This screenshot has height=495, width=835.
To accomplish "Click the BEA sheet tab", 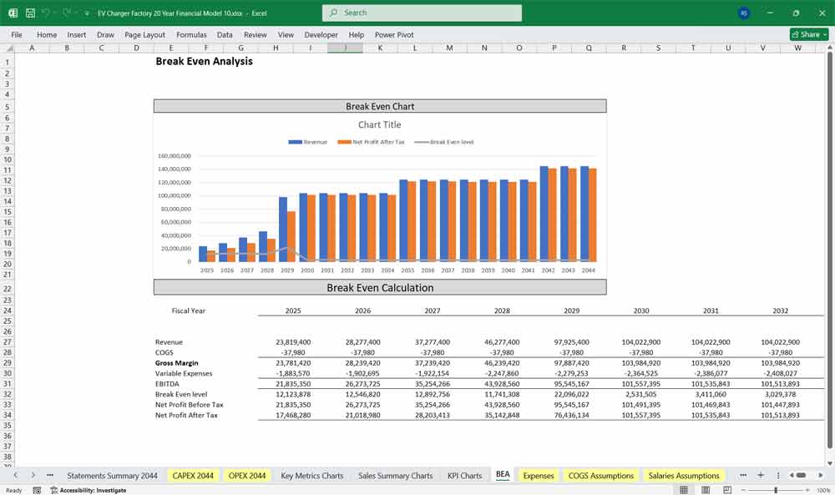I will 503,476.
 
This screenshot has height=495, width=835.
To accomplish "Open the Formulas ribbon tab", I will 191,35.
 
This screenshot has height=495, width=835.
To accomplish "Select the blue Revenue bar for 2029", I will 283,230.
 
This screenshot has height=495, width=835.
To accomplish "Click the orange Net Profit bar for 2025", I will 211,256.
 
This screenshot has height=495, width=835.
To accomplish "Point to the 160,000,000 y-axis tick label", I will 175,156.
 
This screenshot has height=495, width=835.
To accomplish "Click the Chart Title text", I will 380,125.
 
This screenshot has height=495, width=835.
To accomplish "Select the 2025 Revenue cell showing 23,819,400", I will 293,342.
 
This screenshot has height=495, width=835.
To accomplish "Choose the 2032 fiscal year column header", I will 780,311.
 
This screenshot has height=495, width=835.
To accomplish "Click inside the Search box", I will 422,13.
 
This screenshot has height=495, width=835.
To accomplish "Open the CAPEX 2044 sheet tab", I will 193,476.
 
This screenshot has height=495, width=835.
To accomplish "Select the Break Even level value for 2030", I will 641,394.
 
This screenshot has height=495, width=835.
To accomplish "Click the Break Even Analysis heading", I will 204,62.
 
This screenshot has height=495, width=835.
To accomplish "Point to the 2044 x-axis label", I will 589,270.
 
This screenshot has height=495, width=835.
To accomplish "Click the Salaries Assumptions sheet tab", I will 684,476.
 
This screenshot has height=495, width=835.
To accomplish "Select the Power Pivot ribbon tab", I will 394,35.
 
